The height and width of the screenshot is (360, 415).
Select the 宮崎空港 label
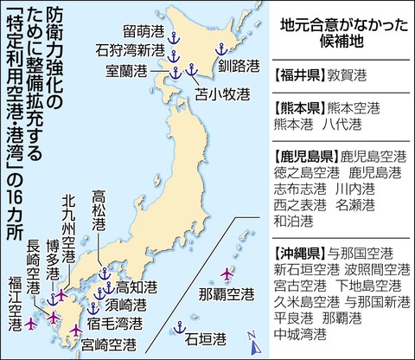pyautogui.click(x=107, y=344)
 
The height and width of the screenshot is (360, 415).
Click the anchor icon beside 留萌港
pyautogui.click(x=171, y=38)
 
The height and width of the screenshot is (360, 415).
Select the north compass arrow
pyautogui.click(x=252, y=344)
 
